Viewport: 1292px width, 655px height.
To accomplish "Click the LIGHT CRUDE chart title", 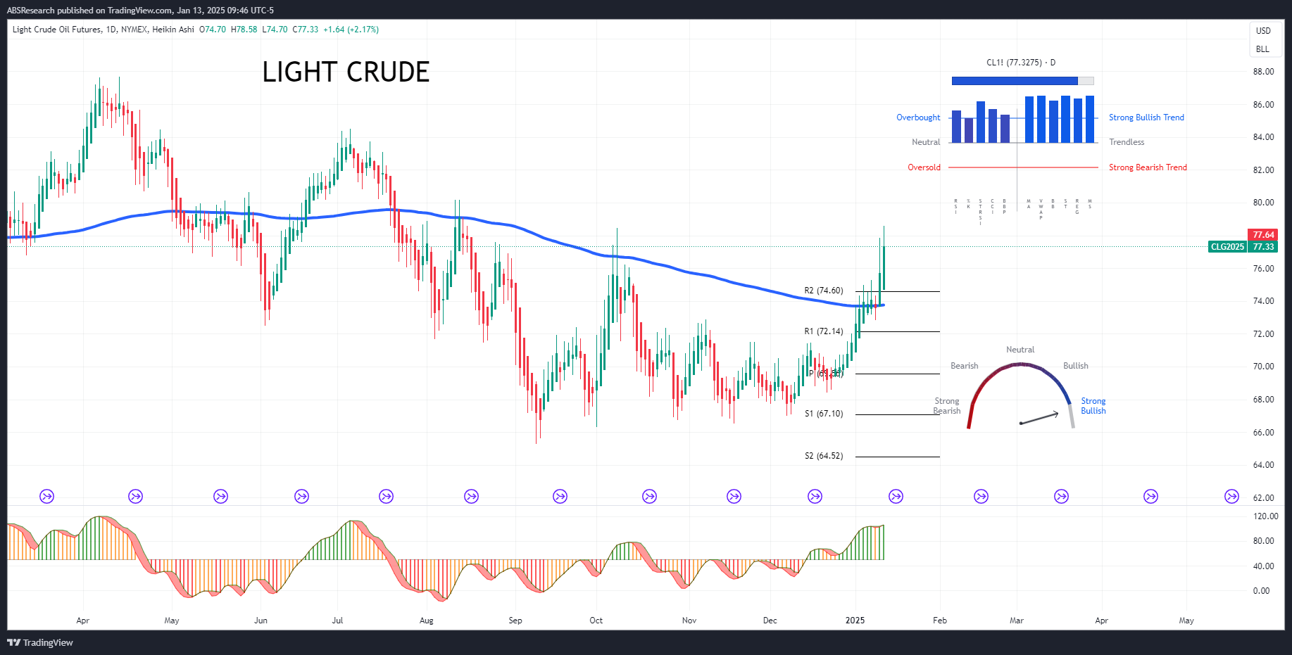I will pos(346,72).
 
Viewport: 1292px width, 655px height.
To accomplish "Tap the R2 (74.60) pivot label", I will pos(823,291).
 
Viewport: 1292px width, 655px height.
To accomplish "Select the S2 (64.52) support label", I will pos(823,456).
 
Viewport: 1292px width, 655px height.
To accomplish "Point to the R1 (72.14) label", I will pos(823,331).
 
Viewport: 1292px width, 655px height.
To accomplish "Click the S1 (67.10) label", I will pos(823,414).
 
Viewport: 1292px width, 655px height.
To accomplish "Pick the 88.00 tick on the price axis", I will pos(1263,72).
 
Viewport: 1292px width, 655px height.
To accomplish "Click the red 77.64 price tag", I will pos(1263,235).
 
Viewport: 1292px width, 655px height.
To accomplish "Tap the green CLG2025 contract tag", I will pos(1227,247).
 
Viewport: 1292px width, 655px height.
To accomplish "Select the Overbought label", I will pos(918,117).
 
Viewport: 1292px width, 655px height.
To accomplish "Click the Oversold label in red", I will pos(924,167).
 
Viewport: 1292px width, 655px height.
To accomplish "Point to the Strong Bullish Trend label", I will pos(1146,117).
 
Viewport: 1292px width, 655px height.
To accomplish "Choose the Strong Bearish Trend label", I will pos(1148,167).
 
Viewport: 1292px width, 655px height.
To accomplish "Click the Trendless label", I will pos(1127,142).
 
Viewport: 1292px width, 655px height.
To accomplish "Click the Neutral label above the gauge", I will pos(1020,350).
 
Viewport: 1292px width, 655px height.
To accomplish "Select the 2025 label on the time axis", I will pos(855,621).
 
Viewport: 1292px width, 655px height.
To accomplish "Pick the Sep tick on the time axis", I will pos(515,621).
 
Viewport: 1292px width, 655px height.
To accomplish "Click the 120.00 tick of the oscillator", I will pos(1265,516).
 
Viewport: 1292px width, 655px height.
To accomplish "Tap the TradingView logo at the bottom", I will pos(40,642).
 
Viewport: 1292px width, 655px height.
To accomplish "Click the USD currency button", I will pos(1263,31).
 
